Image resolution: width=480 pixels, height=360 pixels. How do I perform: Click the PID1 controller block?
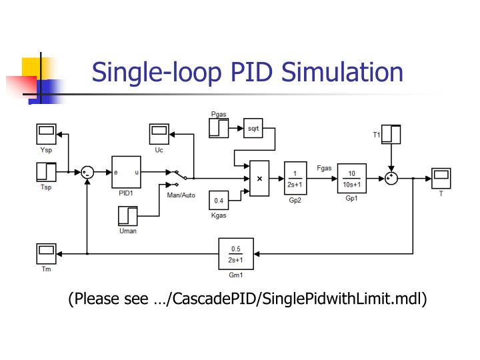pyautogui.click(x=126, y=173)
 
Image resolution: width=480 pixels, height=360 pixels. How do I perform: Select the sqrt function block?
pyautogui.click(x=253, y=128)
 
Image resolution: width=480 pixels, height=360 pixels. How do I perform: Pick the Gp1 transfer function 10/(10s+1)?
pyautogui.click(x=352, y=178)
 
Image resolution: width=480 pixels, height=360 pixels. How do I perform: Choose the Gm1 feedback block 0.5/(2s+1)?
pyautogui.click(x=235, y=253)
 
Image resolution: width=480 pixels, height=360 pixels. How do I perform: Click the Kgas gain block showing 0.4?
pyautogui.click(x=219, y=200)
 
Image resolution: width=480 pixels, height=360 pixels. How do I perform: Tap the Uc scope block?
pyautogui.click(x=159, y=134)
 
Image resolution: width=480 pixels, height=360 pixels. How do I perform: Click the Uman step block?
pyautogui.click(x=127, y=216)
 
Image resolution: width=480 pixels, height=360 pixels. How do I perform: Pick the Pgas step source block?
pyautogui.click(x=219, y=128)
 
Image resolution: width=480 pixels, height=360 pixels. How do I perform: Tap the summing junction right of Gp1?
pyautogui.click(x=391, y=178)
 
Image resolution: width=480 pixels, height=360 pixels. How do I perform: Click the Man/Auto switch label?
pyautogui.click(x=181, y=195)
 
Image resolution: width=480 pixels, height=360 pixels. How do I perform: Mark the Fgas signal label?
pyautogui.click(x=325, y=168)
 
